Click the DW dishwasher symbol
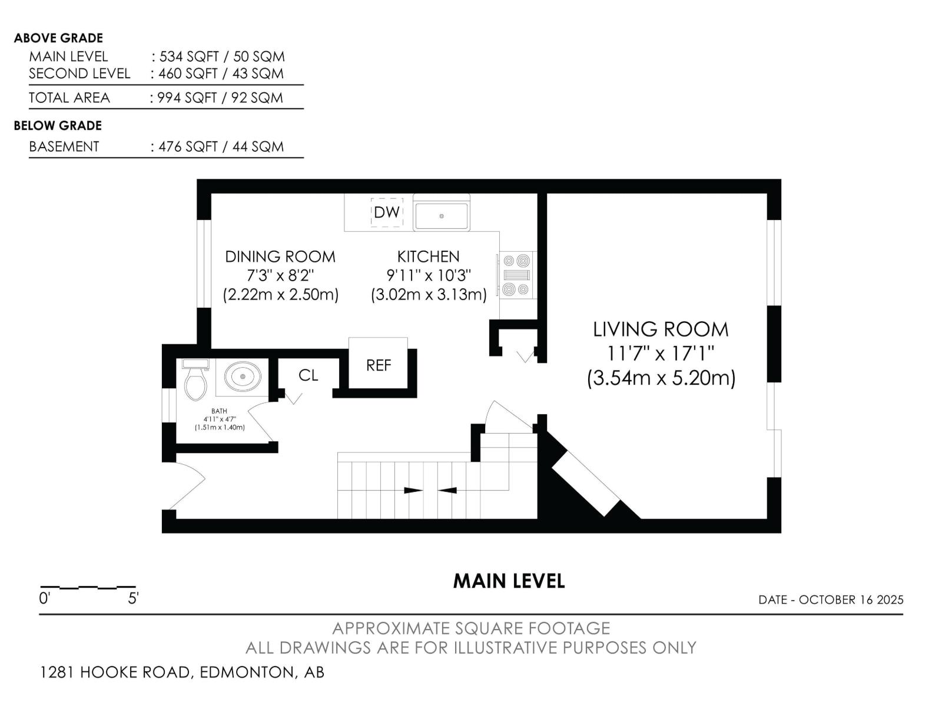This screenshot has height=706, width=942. coord(387,212)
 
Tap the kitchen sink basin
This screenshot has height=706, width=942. coord(442,215)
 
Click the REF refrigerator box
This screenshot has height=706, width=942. coord(378,365)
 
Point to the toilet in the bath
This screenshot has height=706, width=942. coord(195,381)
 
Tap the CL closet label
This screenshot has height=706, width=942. coord(308,375)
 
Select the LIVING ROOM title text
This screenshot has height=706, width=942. coord(661,329)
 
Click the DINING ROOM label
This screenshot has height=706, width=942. coord(280,257)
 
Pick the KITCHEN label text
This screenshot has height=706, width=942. coord(428,257)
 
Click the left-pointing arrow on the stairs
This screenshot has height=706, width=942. coord(447,490)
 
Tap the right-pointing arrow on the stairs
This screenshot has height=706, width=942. coord(413,490)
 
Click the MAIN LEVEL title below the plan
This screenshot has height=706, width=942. coord(509,581)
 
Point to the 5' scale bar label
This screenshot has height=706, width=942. coord(133,599)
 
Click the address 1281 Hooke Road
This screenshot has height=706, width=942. coord(115,672)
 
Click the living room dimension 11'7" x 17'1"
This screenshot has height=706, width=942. coord(661,354)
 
